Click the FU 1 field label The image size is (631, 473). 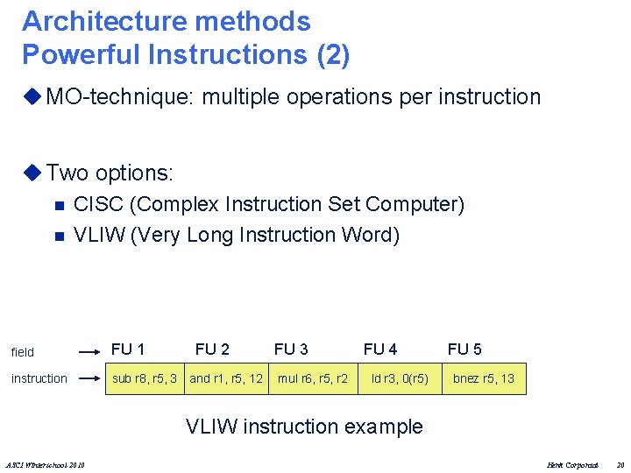click(128, 349)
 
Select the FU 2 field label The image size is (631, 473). click(212, 349)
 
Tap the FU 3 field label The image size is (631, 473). click(291, 349)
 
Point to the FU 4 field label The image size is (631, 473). click(380, 349)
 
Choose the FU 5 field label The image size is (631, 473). click(464, 349)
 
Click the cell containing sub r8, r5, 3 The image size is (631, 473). click(145, 378)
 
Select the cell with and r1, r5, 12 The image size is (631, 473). click(226, 378)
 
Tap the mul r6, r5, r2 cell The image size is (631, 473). click(313, 378)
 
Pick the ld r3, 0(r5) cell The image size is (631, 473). click(400, 378)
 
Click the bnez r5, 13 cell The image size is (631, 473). click(484, 378)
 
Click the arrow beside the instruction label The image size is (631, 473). click(89, 378)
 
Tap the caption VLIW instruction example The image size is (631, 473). click(304, 427)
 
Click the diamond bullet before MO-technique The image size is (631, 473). click(33, 97)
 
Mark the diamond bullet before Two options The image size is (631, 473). click(33, 173)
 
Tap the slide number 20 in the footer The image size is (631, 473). click(620, 463)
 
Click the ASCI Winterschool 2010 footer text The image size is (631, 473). click(52, 463)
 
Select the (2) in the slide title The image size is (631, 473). click(333, 54)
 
